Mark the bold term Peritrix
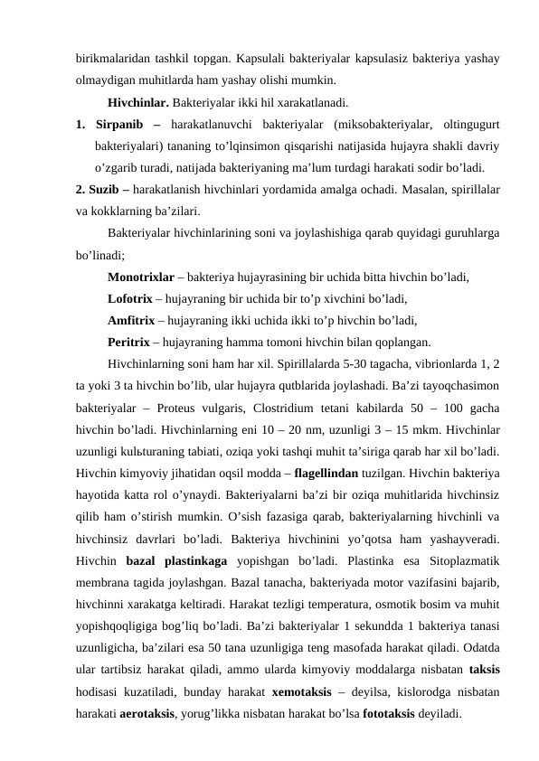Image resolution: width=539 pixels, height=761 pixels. (129, 343)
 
